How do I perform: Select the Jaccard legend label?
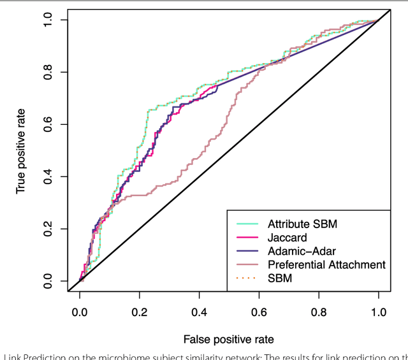pos(286,238)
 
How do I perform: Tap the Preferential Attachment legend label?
pos(326,264)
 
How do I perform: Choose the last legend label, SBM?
pos(279,278)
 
